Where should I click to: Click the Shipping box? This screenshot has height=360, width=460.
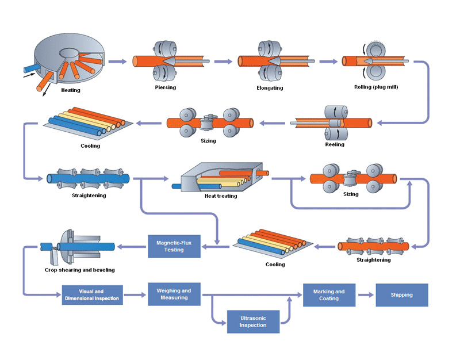(402, 295)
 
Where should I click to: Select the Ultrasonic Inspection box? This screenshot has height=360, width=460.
(253, 321)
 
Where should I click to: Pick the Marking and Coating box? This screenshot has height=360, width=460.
(329, 294)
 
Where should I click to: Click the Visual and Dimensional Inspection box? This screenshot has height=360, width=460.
(92, 295)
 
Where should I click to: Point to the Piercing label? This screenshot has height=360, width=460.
(166, 87)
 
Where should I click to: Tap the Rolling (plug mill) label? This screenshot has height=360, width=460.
(377, 87)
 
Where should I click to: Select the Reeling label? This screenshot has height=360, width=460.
(335, 144)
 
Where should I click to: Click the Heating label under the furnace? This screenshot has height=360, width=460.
(71, 90)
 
